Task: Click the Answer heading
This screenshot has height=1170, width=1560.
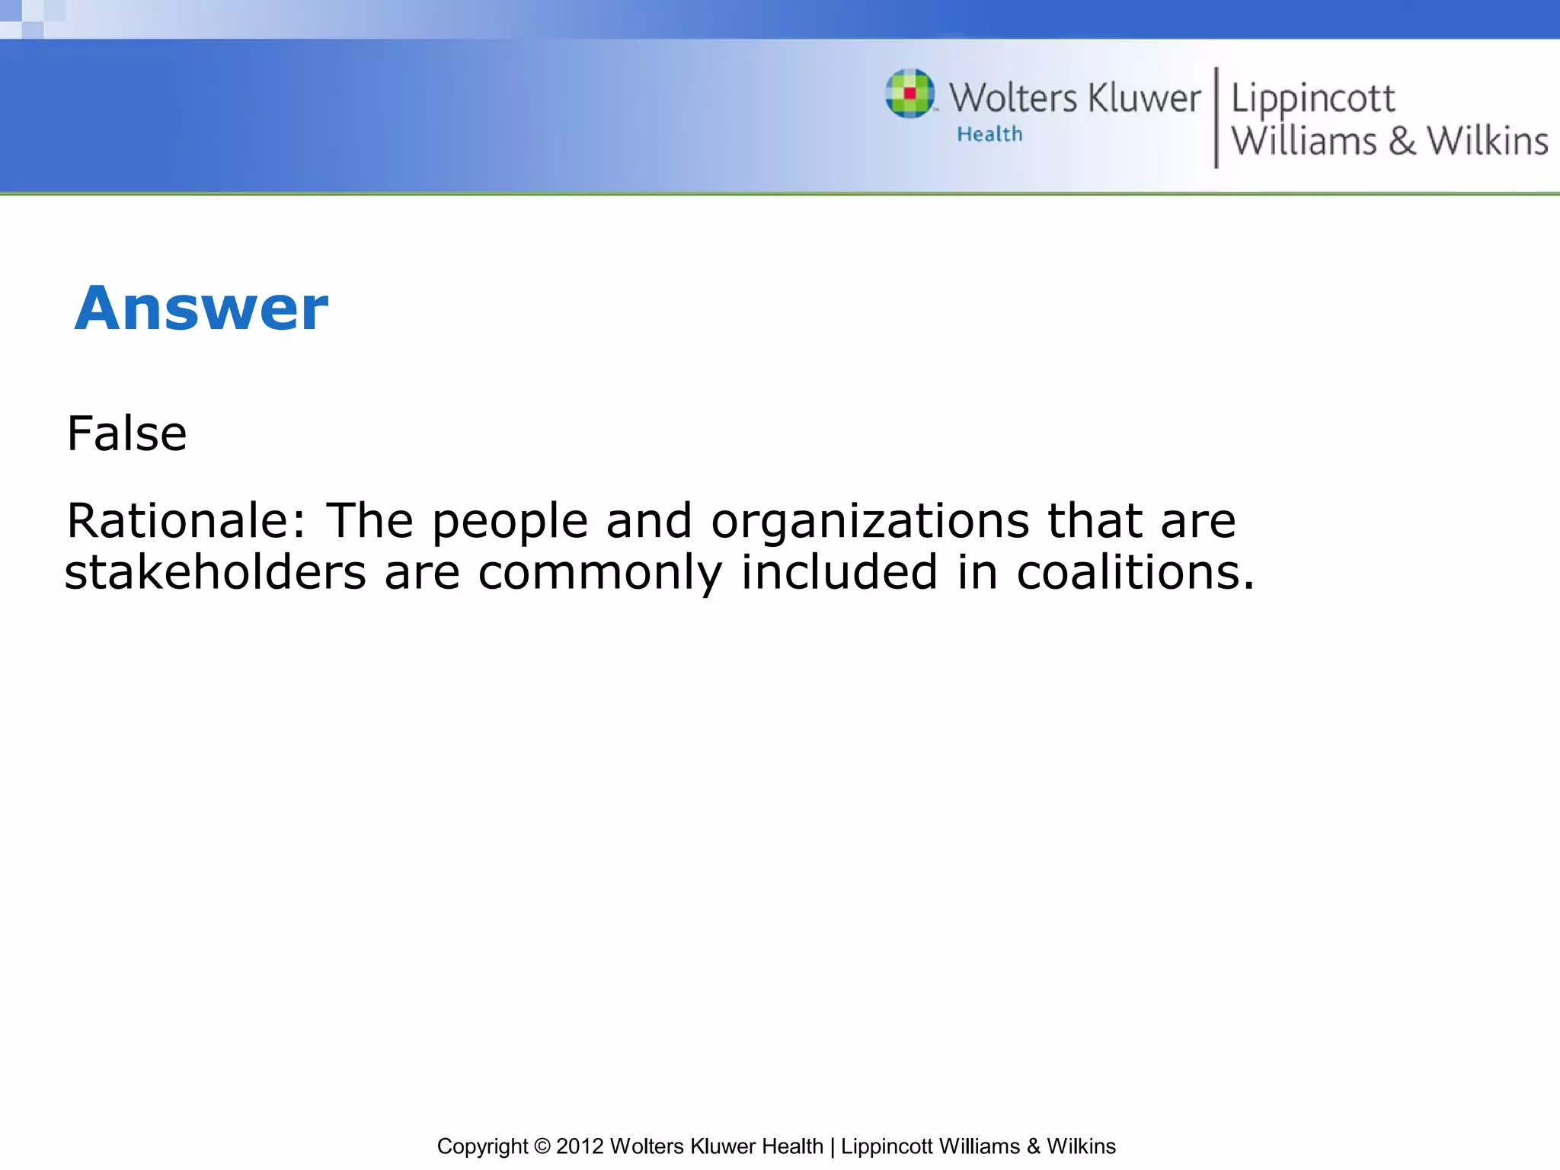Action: pos(201,308)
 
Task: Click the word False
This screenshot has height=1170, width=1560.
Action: pos(126,434)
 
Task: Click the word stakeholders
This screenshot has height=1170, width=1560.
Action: pos(215,573)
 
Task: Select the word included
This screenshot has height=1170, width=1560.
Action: pos(839,572)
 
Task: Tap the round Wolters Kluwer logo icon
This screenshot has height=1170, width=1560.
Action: pos(909,94)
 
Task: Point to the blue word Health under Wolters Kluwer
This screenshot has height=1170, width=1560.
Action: pos(989,135)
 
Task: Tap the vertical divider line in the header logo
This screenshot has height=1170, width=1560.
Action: pos(1216,118)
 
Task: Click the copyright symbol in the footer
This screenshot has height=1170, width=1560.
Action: pos(542,1146)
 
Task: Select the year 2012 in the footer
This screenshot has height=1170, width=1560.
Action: pos(580,1146)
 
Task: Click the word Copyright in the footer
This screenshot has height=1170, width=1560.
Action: pos(482,1146)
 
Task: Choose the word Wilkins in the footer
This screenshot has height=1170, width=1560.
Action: pos(1081,1146)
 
